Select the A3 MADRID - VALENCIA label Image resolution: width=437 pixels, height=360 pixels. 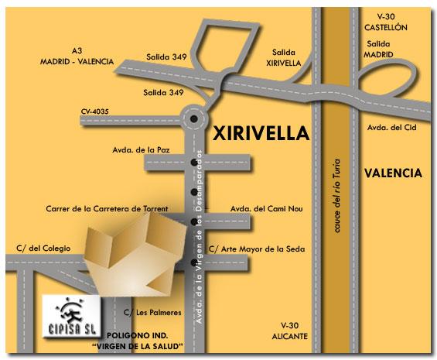[x=80, y=57]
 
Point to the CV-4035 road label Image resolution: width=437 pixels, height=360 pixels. [x=94, y=111]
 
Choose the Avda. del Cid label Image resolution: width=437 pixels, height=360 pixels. [x=387, y=127]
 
